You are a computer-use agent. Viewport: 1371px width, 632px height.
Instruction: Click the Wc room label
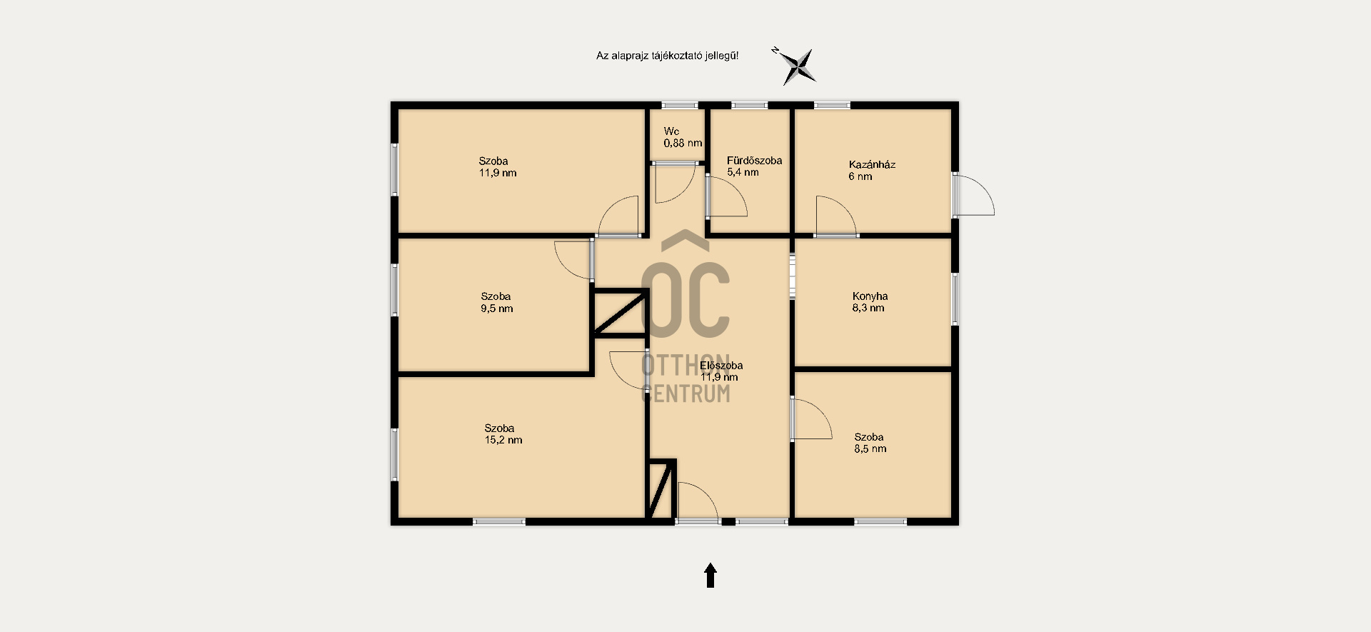(671, 131)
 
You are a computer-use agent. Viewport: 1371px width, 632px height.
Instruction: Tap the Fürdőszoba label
(754, 161)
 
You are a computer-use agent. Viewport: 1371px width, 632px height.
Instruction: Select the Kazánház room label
(872, 164)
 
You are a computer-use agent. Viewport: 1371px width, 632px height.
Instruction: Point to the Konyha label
(870, 296)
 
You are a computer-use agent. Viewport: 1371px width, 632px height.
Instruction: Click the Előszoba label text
(721, 365)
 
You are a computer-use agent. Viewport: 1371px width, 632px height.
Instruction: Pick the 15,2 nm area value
(503, 440)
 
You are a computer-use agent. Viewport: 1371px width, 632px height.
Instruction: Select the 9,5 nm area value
(497, 309)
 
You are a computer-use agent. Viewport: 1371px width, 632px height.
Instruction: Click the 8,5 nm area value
(870, 448)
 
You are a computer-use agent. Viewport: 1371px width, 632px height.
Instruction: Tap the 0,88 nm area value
(683, 143)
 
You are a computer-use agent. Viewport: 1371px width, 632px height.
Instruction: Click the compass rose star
(798, 67)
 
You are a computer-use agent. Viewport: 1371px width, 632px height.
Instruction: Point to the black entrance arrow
(710, 576)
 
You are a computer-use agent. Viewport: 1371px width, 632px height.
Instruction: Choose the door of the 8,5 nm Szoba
(812, 418)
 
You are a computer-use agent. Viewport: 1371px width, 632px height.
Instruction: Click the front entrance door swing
(698, 503)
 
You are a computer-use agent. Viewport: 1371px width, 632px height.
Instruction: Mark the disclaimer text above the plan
(667, 55)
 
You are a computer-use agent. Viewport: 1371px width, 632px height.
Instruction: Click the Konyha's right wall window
(955, 299)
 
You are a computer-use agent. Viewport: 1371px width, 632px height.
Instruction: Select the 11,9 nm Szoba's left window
(395, 169)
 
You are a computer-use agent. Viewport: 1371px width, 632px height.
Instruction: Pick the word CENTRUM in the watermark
(687, 393)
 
